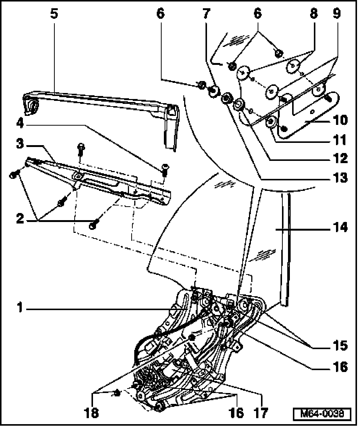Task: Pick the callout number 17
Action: coord(261,413)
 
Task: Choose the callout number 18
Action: coord(91,413)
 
